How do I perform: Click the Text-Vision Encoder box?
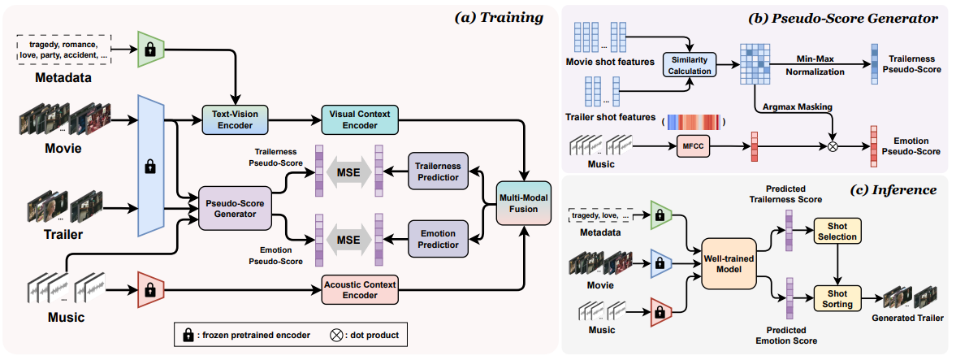coord(233,120)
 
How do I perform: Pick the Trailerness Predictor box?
coord(437,172)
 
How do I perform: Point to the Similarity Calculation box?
coord(689,66)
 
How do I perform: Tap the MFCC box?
coord(688,147)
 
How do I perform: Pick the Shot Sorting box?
coord(837,298)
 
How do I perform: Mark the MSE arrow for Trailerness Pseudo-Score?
coord(348,172)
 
